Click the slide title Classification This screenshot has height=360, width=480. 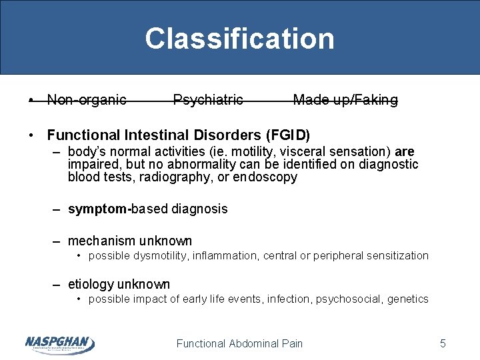[239, 39]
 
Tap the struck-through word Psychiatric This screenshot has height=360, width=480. [208, 100]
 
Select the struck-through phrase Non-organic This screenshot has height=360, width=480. [87, 100]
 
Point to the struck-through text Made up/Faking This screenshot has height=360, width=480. [345, 100]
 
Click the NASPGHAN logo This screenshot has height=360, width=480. [59, 343]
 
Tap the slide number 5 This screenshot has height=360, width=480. [443, 344]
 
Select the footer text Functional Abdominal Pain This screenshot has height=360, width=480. [239, 344]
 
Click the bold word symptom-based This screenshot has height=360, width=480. [119, 209]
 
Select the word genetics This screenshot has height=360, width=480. [408, 299]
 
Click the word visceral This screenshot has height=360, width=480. [294, 151]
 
